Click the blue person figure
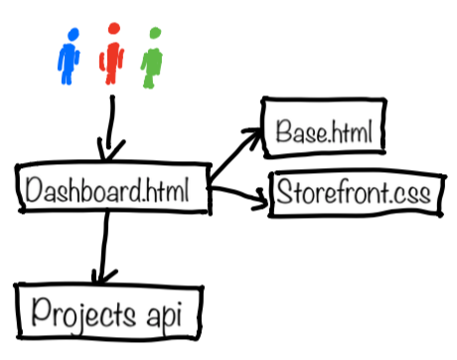pos(69,58)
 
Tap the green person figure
pos(152,58)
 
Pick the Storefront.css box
pos(353,192)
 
